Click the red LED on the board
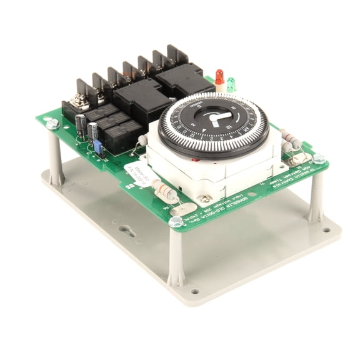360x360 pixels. [x=219, y=76]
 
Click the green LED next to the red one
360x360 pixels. [x=231, y=84]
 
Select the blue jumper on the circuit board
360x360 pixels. [x=97, y=147]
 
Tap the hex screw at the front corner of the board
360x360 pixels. [x=176, y=221]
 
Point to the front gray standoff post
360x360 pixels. [x=176, y=256]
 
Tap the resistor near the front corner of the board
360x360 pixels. [x=164, y=191]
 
